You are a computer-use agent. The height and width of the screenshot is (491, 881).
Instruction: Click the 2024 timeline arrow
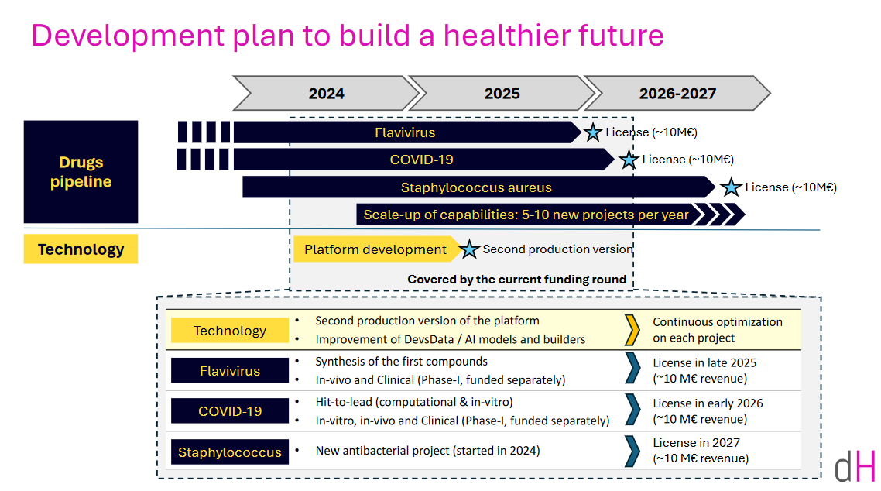(326, 93)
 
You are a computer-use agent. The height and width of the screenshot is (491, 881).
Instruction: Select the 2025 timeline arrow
(502, 93)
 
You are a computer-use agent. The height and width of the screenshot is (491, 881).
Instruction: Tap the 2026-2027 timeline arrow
(677, 93)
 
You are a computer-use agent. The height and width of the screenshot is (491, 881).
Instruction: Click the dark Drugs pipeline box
(81, 172)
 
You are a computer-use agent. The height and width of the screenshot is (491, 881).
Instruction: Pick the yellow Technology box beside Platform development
(81, 249)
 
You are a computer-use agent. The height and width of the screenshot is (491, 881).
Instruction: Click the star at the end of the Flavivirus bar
(592, 132)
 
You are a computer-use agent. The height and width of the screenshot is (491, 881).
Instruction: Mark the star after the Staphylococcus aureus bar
(731, 187)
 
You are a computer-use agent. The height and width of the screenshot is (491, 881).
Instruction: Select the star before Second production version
(469, 249)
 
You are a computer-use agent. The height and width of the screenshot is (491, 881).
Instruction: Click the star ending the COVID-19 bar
(629, 160)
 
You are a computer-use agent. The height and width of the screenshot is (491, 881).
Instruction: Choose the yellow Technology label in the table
(230, 331)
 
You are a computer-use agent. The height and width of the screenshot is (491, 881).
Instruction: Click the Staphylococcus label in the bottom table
(230, 452)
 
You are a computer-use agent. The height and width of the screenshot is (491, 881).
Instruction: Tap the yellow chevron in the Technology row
(632, 330)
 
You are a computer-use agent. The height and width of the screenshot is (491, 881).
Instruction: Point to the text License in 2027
(696, 443)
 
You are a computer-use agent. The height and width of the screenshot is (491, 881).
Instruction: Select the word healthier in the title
(507, 35)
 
